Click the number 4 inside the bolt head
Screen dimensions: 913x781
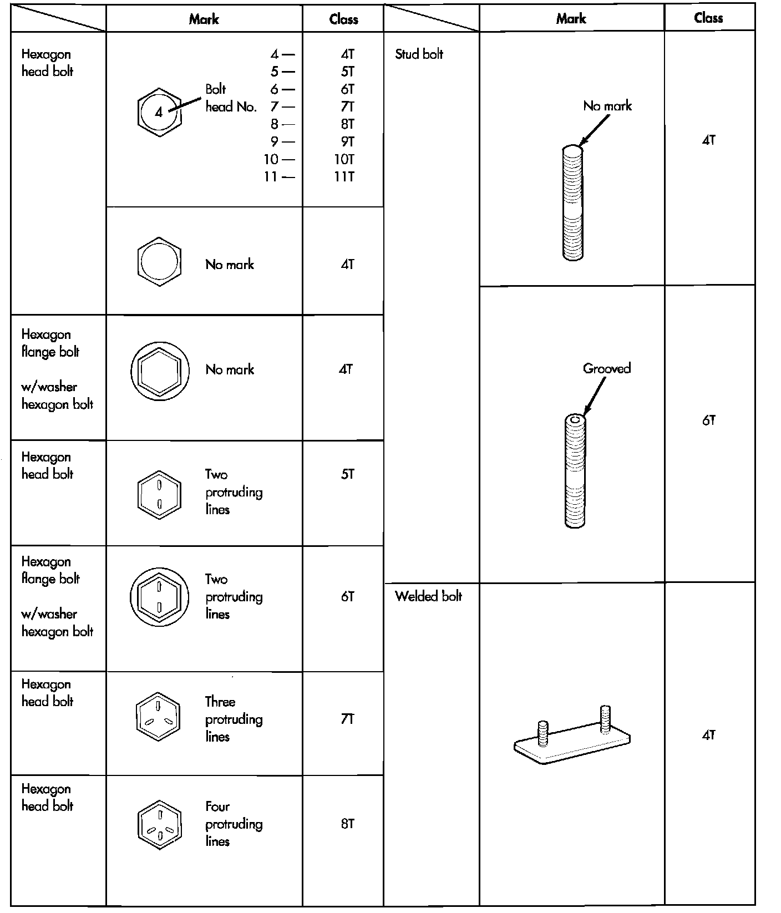point(159,113)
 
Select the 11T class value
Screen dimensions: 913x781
point(344,177)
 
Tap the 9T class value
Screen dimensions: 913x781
point(347,142)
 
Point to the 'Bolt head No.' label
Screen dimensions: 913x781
point(231,98)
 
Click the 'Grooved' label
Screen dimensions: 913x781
point(607,369)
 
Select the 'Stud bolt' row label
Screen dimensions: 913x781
point(419,54)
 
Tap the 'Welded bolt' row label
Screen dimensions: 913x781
point(428,597)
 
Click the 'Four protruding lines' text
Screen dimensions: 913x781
point(234,824)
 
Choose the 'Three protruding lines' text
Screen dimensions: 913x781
point(234,719)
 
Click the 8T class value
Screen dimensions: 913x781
point(347,824)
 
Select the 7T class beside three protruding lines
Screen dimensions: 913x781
point(347,719)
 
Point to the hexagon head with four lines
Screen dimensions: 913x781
point(159,825)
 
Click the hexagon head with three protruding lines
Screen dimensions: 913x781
point(159,717)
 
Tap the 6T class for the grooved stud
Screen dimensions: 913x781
point(708,420)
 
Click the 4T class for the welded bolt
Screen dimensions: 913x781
point(708,736)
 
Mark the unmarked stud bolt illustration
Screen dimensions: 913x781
point(572,202)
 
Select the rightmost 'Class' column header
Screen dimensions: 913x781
point(708,18)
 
